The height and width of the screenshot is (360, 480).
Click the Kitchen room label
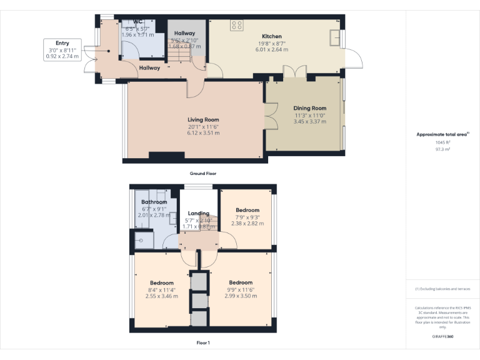pos(271,37)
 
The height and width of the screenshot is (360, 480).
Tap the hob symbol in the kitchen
pos(237,26)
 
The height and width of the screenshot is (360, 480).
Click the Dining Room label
pos(310,108)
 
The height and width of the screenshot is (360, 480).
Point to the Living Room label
pos(203,119)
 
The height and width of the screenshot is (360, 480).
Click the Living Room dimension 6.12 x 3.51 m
pos(203,132)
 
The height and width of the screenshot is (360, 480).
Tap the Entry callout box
pos(62,49)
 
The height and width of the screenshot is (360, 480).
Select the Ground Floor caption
pos(203,173)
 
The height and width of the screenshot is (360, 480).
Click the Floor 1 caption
pos(203,343)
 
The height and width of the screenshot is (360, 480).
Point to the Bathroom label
pos(154,202)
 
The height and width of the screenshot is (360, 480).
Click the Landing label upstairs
pos(198,213)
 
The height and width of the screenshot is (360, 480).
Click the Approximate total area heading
pos(442,134)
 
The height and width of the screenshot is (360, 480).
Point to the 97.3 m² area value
pos(442,149)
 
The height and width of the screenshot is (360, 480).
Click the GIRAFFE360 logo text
pos(442,337)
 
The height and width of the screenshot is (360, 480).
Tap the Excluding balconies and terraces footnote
pos(442,289)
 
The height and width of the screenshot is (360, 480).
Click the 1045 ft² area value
pos(442,142)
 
